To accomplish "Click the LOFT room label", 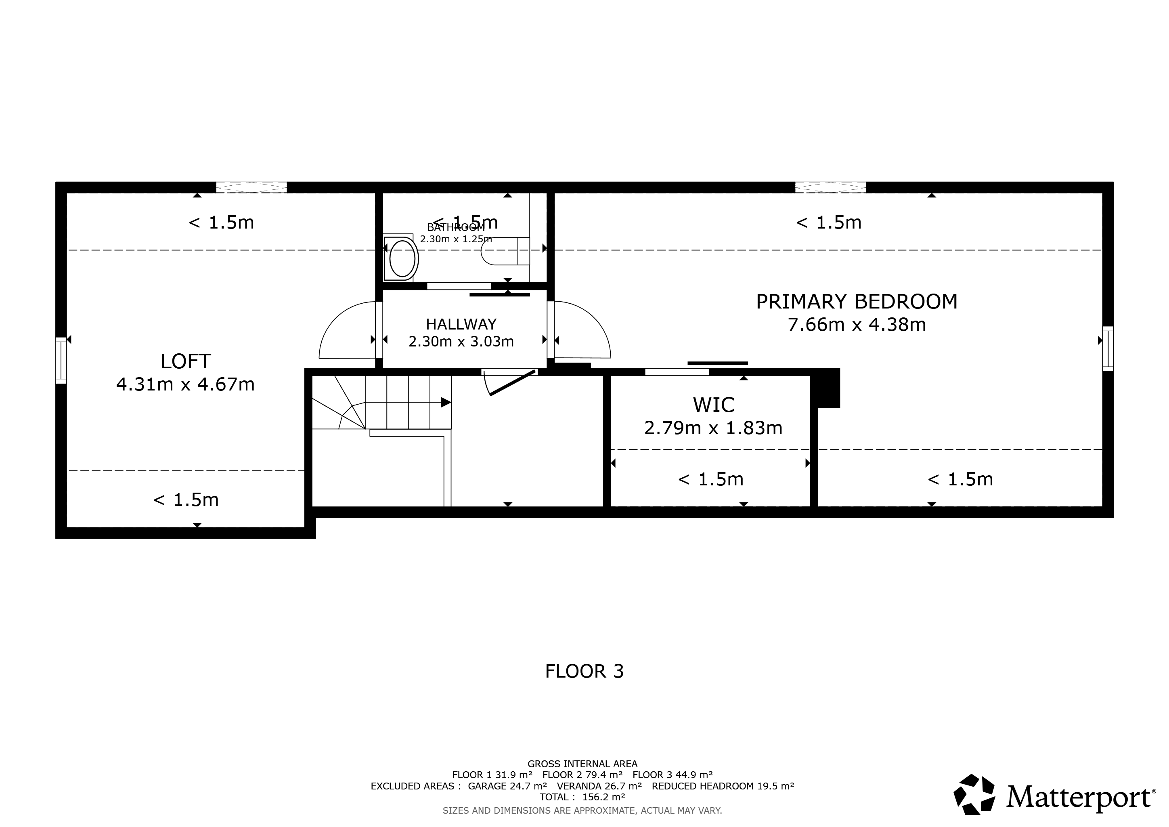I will point(185,361).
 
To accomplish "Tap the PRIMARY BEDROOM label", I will point(857,302).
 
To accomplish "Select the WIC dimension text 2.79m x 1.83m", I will point(713,428).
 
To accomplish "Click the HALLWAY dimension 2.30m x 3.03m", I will point(461,341).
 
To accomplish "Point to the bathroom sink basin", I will point(402,258).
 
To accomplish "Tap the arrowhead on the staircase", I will point(446,402).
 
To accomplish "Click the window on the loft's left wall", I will point(61,360).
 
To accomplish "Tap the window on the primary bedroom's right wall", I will point(1108,349).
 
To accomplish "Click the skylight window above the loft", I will point(251,187).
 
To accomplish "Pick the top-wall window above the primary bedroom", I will point(830,187).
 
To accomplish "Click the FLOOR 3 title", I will point(584,671).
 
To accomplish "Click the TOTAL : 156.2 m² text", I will point(582,797).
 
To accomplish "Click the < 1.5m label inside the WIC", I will point(711,479).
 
